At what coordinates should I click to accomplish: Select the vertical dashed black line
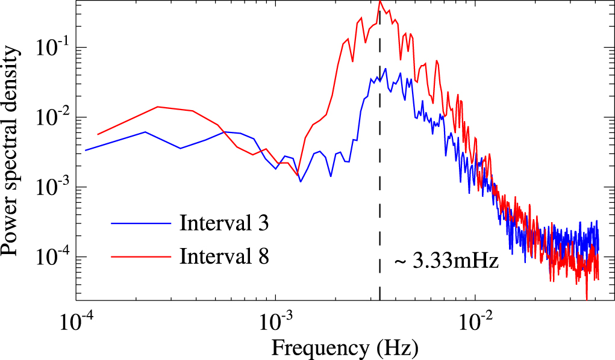(379, 181)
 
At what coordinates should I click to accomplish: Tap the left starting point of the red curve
(98, 134)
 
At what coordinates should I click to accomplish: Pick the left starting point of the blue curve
(86, 150)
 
